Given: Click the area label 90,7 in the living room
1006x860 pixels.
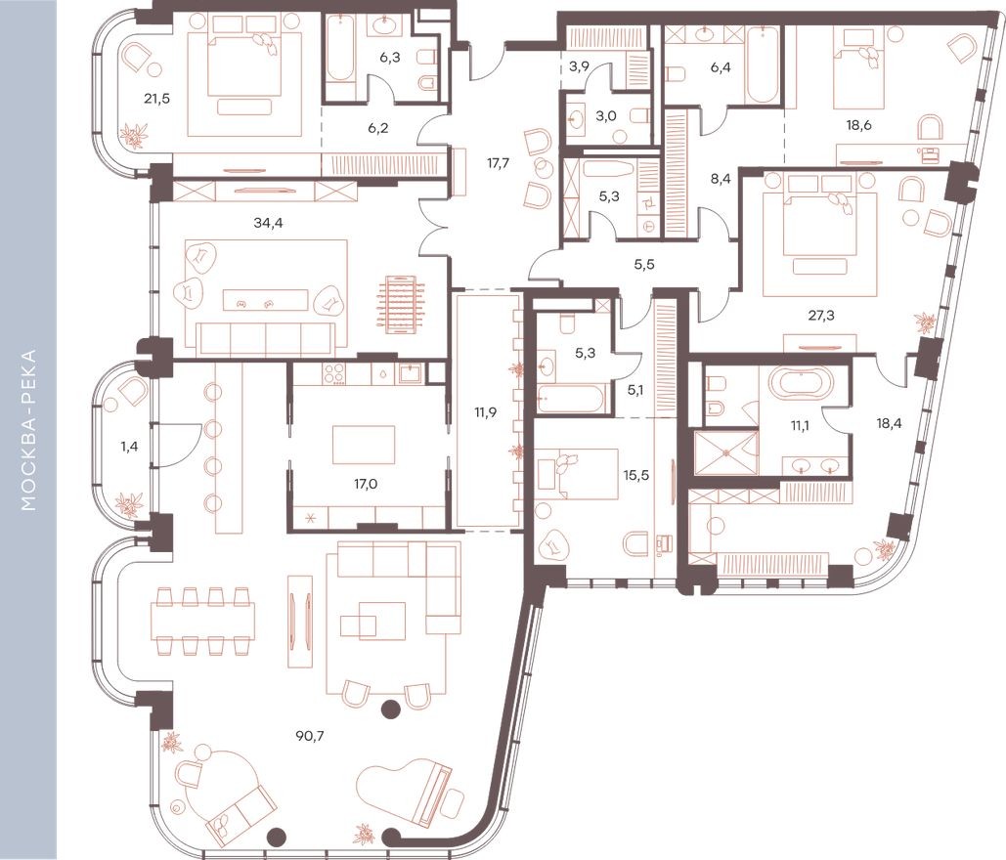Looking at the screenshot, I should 313,735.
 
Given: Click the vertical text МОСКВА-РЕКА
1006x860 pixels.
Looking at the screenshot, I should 28,430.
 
